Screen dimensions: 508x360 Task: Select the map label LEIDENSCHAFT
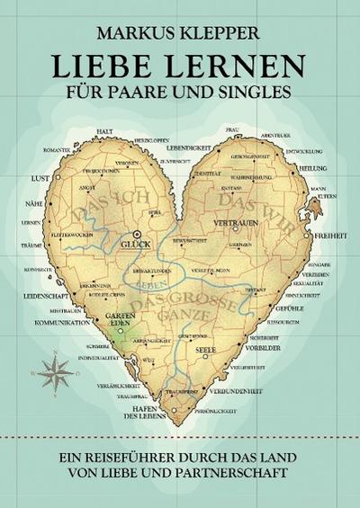click(x=48, y=294)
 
